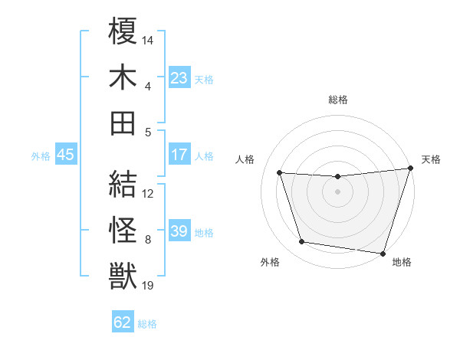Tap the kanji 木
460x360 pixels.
pyautogui.click(x=123, y=77)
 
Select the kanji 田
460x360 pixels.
pyautogui.click(x=123, y=122)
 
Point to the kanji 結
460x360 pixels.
pyautogui.click(x=123, y=183)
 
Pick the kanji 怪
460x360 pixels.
pyautogui.click(x=123, y=229)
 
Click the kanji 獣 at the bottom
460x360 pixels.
pyautogui.click(x=123, y=274)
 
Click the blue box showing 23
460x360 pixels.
pyautogui.click(x=179, y=77)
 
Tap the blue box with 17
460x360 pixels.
pyautogui.click(x=179, y=155)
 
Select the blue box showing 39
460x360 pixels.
pyautogui.click(x=179, y=231)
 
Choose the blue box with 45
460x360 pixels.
pyautogui.click(x=65, y=155)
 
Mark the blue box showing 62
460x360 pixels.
pyautogui.click(x=123, y=322)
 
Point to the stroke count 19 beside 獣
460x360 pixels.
pyautogui.click(x=148, y=286)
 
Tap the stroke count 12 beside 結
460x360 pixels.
pyautogui.click(x=148, y=194)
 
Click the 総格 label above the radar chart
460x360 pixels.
pyautogui.click(x=338, y=100)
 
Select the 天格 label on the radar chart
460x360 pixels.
pyautogui.click(x=431, y=160)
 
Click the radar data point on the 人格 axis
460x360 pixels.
pyautogui.click(x=280, y=173)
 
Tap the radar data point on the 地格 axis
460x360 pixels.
pyautogui.click(x=383, y=252)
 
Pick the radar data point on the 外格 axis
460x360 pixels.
pyautogui.click(x=302, y=242)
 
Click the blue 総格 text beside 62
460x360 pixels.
pyautogui.click(x=147, y=323)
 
